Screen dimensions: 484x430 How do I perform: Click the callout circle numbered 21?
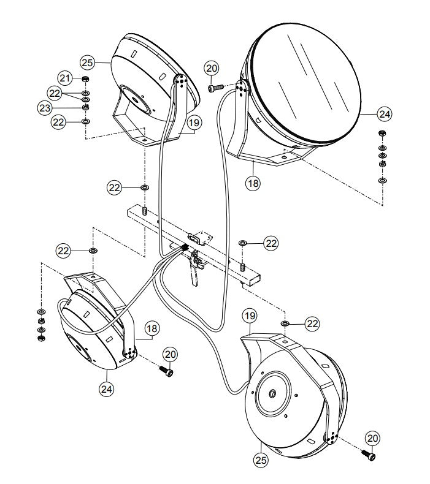coord(65,78)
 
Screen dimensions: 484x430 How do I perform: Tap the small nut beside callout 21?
coord(85,80)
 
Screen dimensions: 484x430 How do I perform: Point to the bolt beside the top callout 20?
coord(214,88)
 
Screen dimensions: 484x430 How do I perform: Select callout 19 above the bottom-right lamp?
coord(248,317)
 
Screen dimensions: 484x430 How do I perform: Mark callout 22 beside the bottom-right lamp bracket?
coord(313,323)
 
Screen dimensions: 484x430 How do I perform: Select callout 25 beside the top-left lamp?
coord(88,61)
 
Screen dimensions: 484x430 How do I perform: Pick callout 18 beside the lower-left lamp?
coord(152,328)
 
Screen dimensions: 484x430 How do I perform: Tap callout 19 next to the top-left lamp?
coord(194,123)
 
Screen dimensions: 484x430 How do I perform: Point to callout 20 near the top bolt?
coord(212,68)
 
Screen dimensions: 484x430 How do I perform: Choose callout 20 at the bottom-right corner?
coord(373,438)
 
